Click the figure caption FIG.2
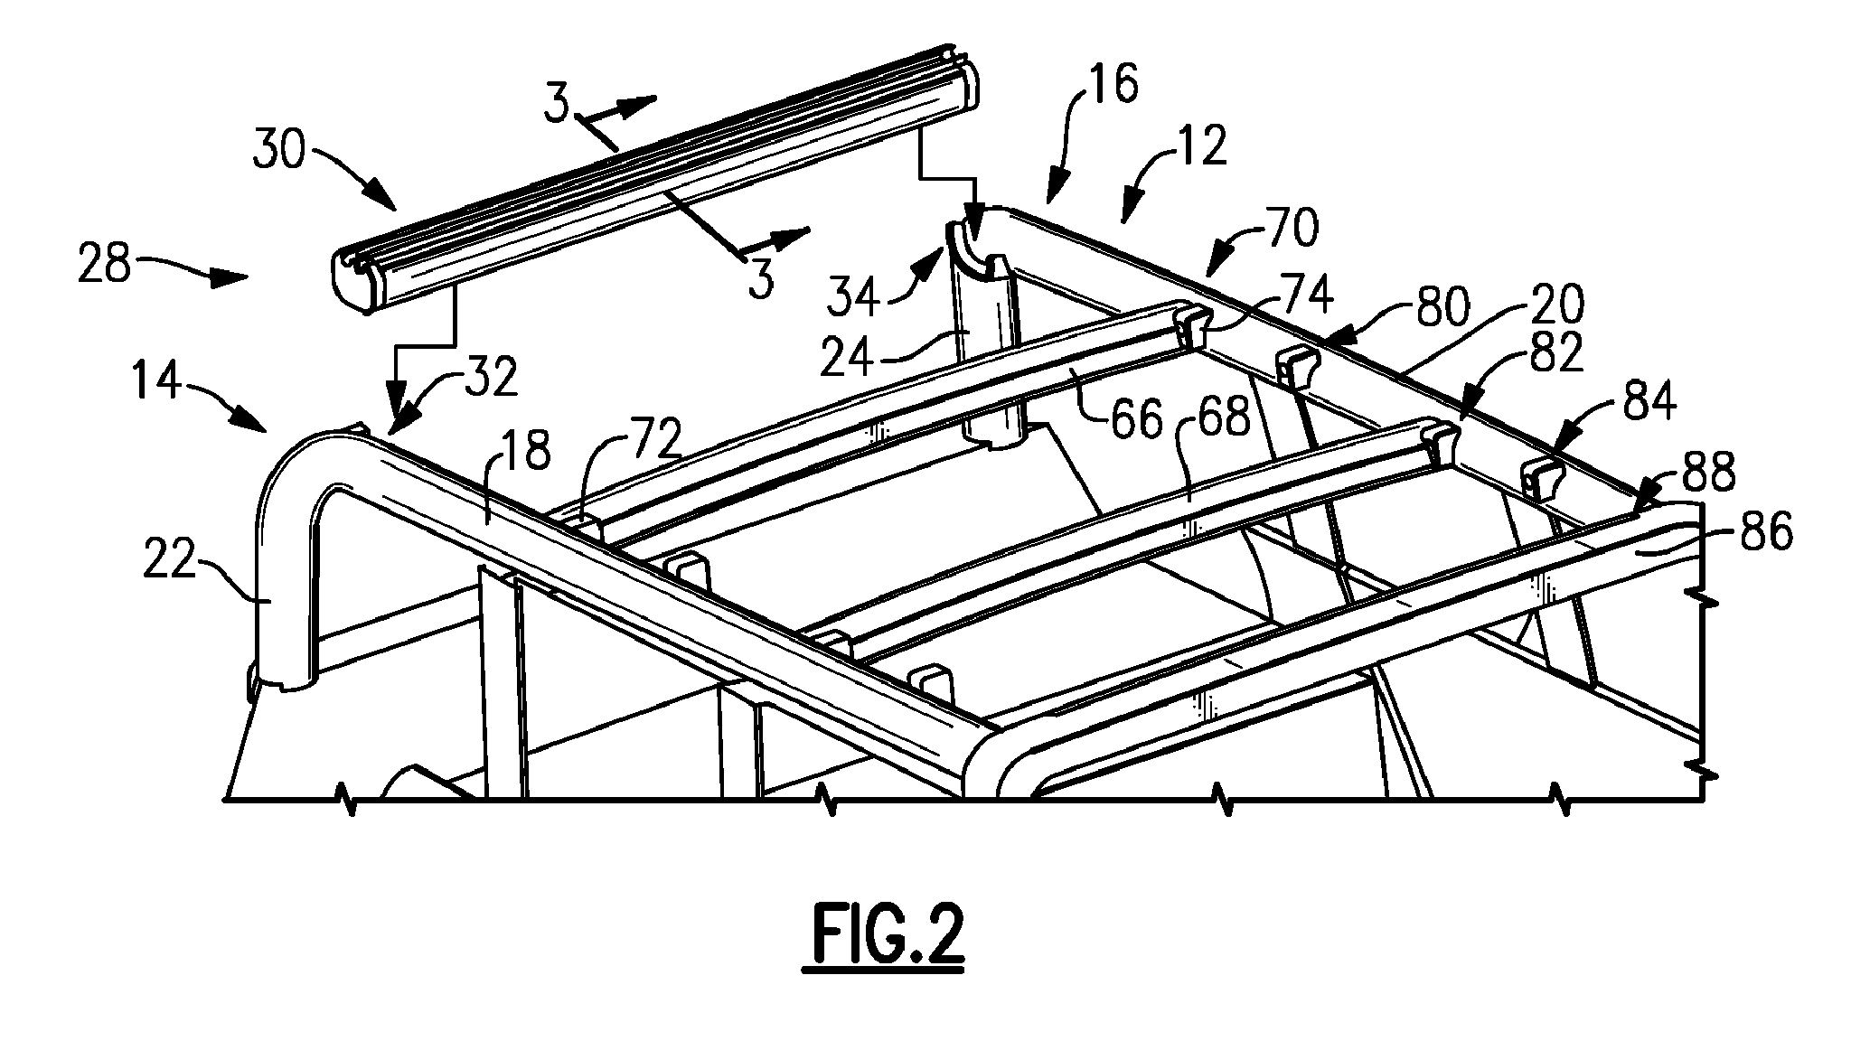coord(883,940)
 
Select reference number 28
coord(105,267)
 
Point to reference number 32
coord(492,380)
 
